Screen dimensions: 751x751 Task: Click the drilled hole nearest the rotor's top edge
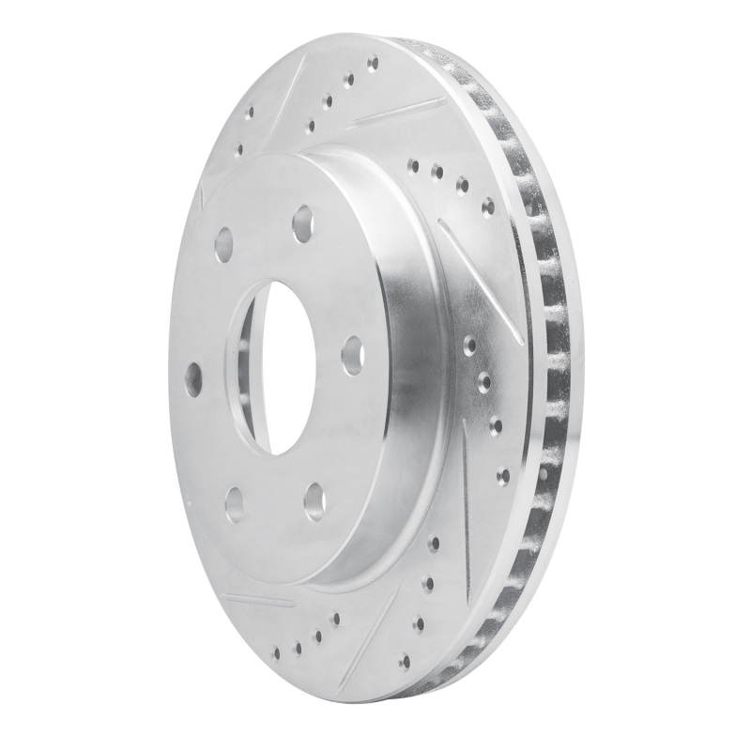[373, 64]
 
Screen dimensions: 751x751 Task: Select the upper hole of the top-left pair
[250, 113]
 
